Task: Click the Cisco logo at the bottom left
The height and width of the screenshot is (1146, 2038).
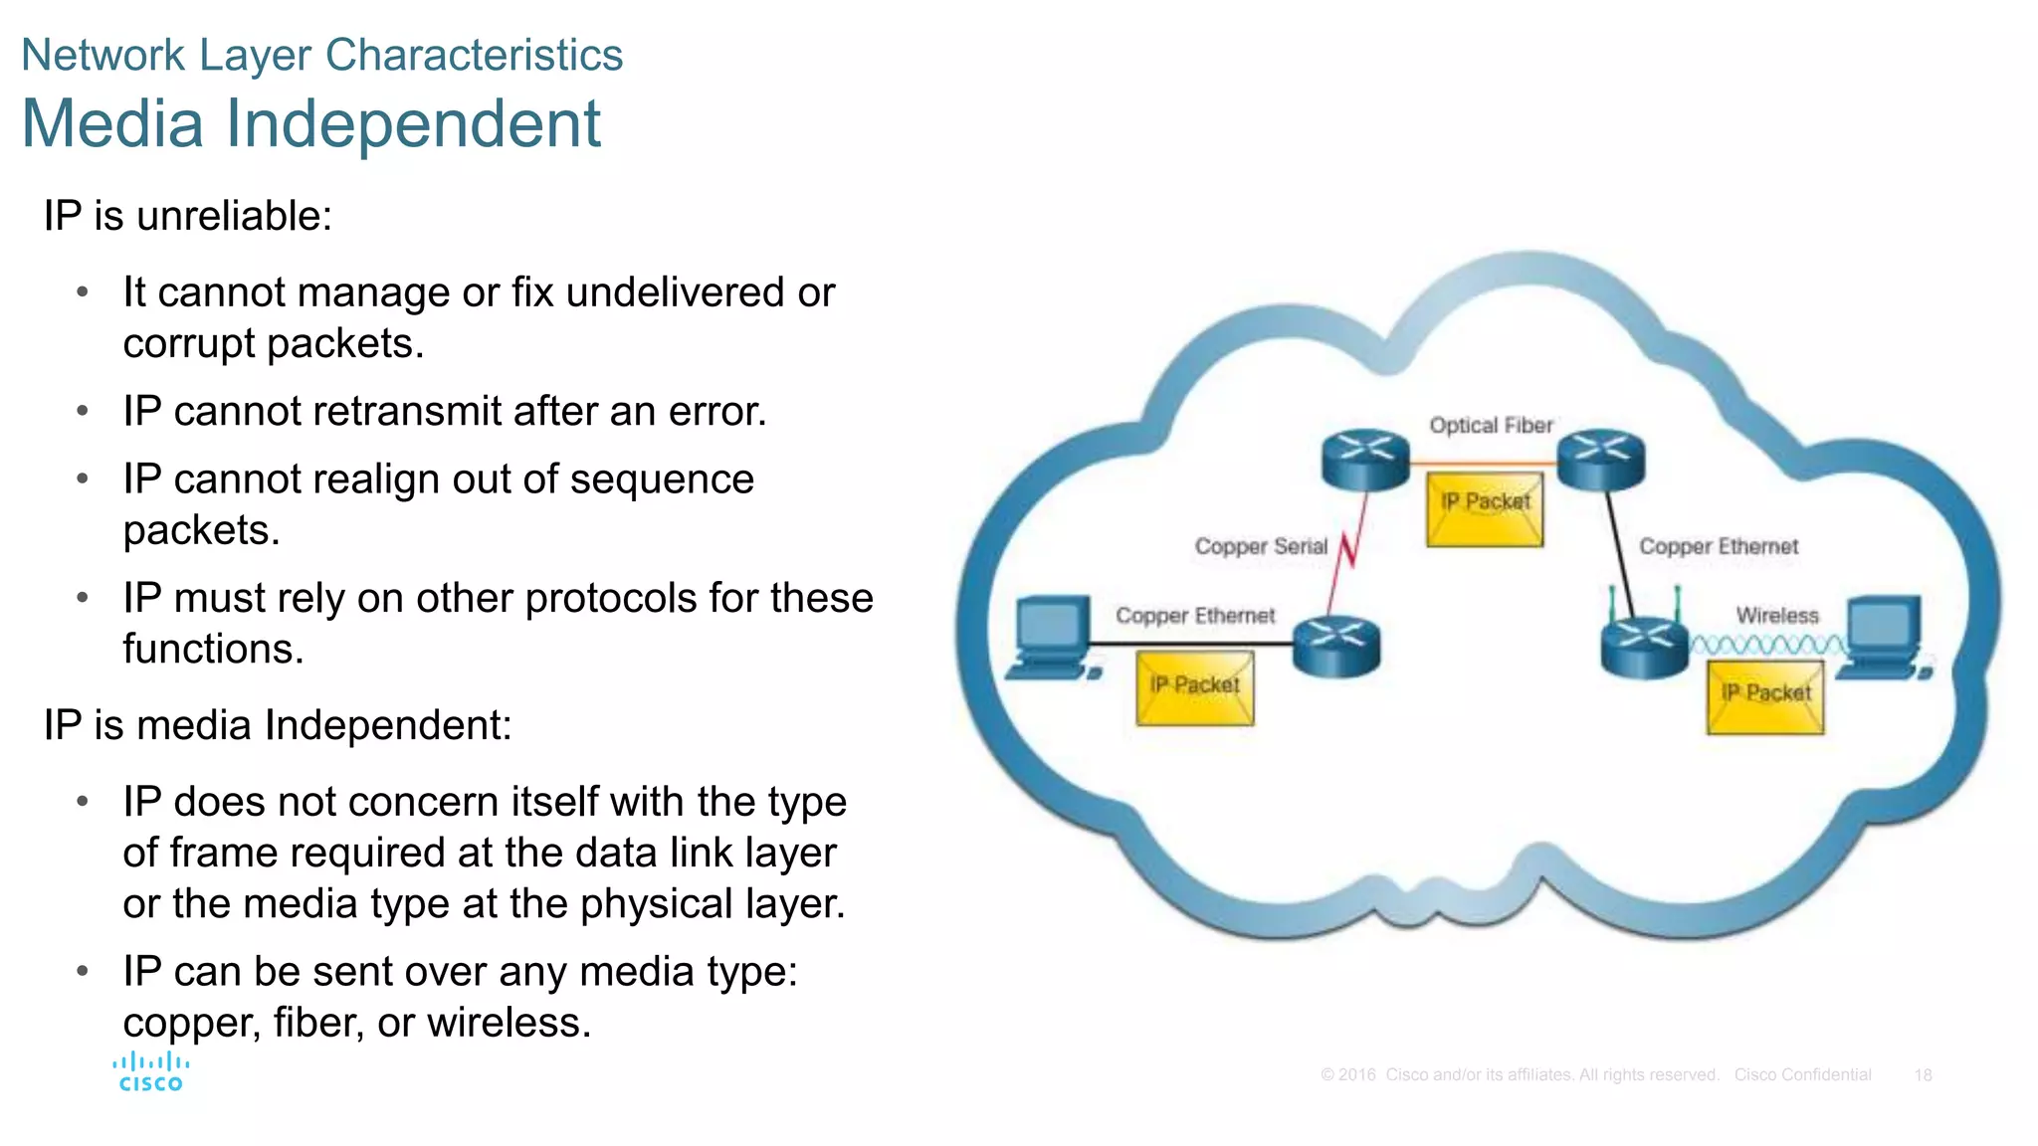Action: coord(150,1072)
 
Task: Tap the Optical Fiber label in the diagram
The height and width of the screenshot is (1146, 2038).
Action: coord(1491,426)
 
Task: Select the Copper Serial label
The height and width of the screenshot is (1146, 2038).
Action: coord(1261,546)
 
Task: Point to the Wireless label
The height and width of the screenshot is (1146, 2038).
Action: coord(1777,616)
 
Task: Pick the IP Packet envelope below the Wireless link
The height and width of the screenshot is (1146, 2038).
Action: coord(1765,697)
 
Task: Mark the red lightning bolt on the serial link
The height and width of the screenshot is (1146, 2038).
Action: coord(1348,550)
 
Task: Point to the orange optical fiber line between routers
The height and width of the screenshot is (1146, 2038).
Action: coord(1483,464)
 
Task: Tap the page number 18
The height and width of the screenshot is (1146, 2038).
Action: coord(1923,1075)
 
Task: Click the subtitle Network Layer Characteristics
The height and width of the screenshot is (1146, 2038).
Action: coord(321,55)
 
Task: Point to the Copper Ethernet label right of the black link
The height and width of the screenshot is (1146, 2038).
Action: coord(1719,546)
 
